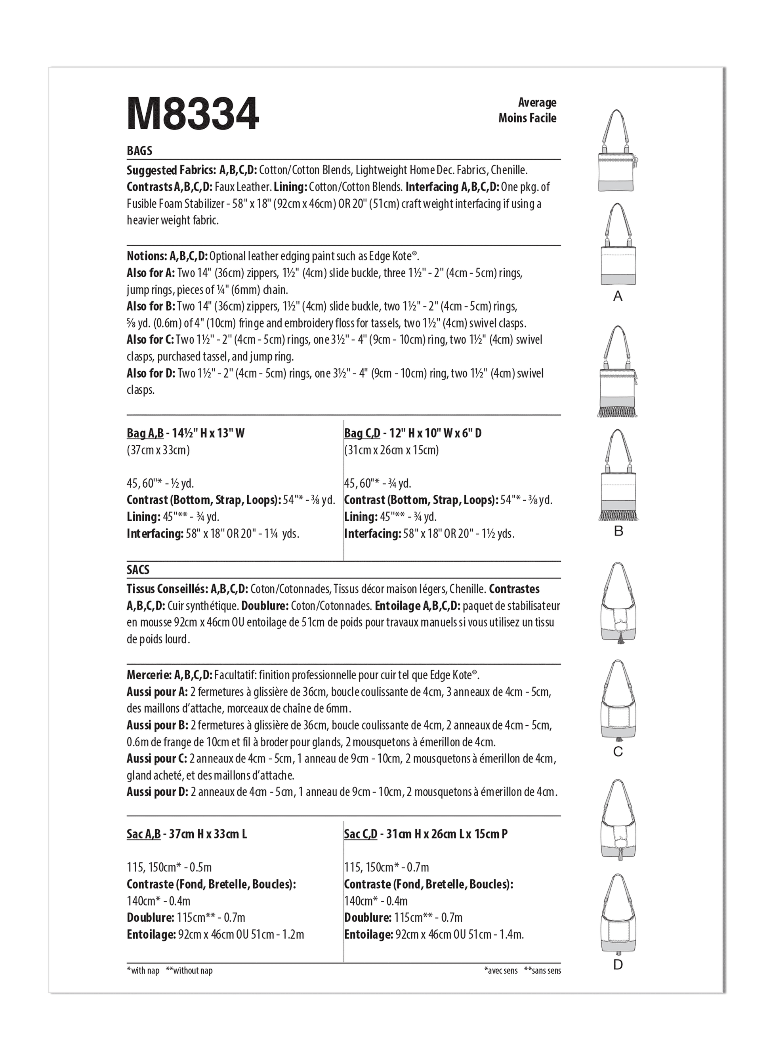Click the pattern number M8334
[x=193, y=114]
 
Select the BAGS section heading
[x=139, y=151]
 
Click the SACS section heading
[x=138, y=570]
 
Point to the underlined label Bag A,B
[x=145, y=433]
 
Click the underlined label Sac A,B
[x=143, y=834]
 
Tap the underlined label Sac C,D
[x=360, y=834]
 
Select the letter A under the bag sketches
[x=618, y=296]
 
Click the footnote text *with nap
[x=143, y=971]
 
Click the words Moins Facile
[x=527, y=118]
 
